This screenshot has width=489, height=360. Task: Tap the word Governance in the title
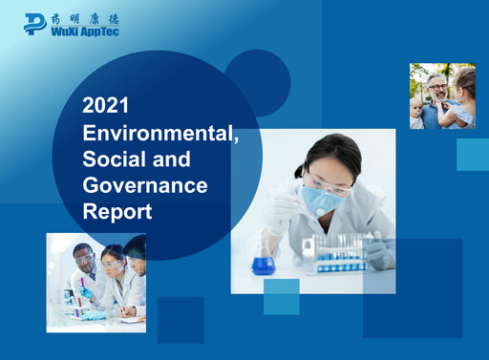point(144,184)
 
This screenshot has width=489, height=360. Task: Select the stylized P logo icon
point(35,23)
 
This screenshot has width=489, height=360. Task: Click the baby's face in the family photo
point(417,108)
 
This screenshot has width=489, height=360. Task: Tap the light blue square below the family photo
point(472,154)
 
